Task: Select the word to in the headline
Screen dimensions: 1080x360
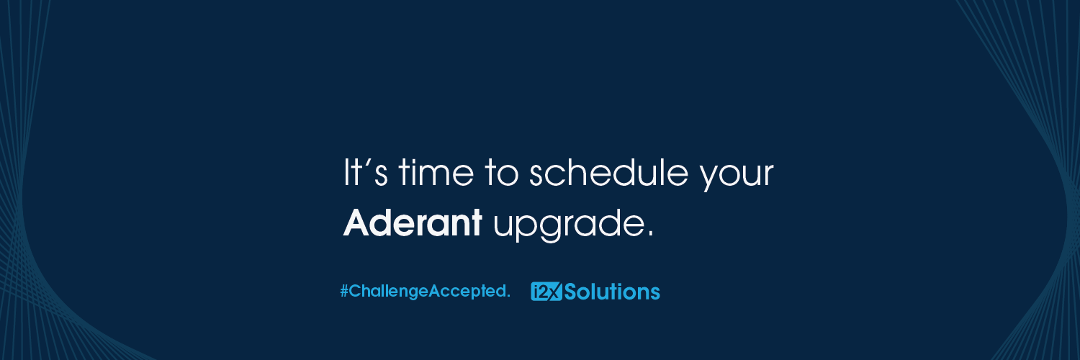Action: coord(501,174)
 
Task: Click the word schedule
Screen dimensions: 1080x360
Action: coord(608,172)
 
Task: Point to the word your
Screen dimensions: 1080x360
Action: coord(737,176)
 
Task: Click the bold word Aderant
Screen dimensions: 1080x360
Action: coord(413,222)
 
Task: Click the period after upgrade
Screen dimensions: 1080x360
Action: coord(650,234)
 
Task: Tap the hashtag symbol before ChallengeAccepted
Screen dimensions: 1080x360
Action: coord(344,291)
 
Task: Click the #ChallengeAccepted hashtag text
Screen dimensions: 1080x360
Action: coord(425,292)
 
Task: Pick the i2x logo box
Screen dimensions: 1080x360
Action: coord(546,292)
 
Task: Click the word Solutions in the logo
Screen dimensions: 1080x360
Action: coord(612,292)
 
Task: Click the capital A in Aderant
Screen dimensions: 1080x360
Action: coord(356,222)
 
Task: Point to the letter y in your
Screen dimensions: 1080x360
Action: coord(710,177)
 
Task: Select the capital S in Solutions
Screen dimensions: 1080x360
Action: coord(571,292)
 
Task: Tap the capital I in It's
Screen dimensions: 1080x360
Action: coord(345,173)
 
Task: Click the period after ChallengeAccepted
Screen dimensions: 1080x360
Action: coord(508,297)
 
